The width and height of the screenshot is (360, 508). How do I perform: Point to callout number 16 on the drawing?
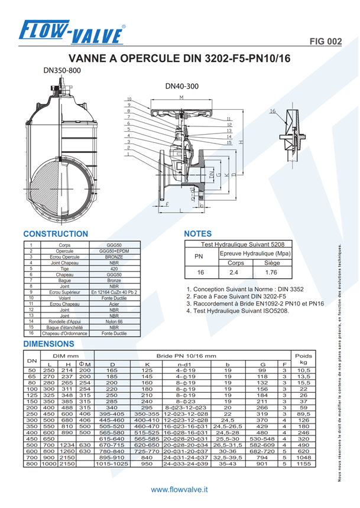pos(273,111)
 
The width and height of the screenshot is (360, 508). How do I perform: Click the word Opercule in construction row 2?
pos(60,251)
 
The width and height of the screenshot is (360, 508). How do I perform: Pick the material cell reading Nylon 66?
pos(114,322)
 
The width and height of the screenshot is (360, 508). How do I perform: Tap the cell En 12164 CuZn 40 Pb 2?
pos(114,292)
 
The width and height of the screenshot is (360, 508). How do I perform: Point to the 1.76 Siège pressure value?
pos(271,272)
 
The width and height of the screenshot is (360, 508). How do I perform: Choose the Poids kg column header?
pos(303,359)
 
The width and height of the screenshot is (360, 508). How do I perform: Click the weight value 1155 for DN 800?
pos(303,464)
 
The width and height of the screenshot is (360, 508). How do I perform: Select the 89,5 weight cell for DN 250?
pos(303,415)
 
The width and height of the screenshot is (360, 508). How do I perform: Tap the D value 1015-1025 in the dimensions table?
pos(112,464)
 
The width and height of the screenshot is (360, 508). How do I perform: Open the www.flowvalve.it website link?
pos(180,490)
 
